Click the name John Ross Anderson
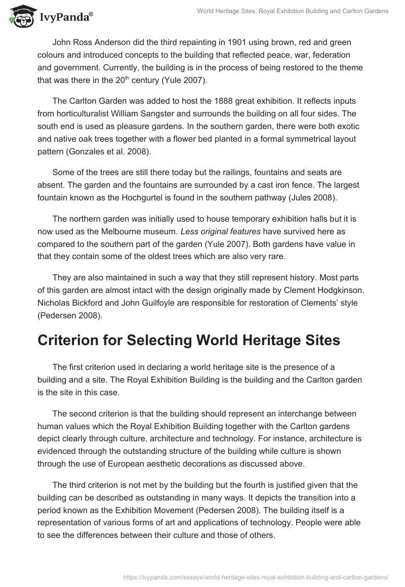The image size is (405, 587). [x=95, y=42]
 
